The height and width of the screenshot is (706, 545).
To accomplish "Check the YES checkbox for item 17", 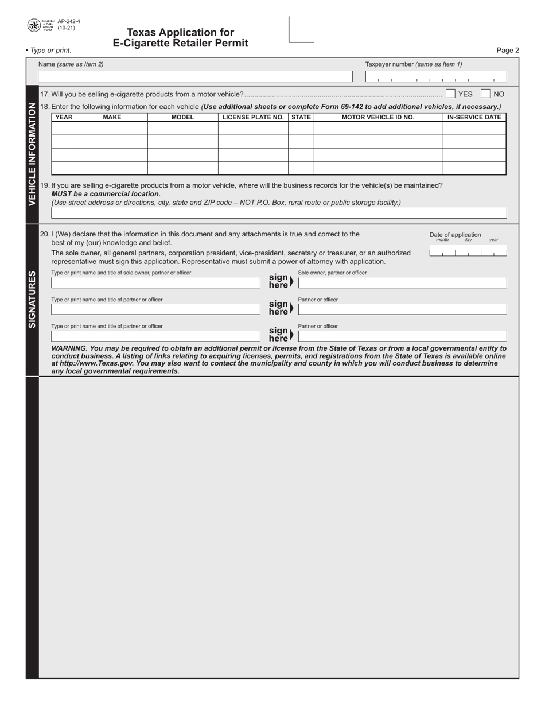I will pos(450,94).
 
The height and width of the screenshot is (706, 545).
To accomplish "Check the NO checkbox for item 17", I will pos(485,94).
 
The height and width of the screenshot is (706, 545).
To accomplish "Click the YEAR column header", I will pos(64,117).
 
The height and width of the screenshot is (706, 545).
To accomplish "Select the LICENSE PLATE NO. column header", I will pos(253,117).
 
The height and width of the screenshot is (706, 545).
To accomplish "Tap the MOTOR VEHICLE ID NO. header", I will pos(377,117).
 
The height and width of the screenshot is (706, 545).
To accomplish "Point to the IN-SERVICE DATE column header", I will pos(474,117).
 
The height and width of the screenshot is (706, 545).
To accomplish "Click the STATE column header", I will pos(301,117).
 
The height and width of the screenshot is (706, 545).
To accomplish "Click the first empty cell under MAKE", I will pos(112,129).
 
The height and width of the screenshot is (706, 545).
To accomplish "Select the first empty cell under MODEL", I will pos(182,129).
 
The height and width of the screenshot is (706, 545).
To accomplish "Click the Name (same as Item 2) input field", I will pos(195,76).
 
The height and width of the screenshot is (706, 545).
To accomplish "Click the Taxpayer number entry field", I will pos(436,77).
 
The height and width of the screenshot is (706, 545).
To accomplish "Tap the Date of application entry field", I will pos(468,252).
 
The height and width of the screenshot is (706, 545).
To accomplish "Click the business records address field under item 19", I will pos(279,213).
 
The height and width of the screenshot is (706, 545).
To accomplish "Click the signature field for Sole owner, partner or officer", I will pos(402,282).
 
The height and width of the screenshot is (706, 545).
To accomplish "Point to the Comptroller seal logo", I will pos(34,25).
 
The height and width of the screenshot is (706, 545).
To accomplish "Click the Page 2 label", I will pos(507,51).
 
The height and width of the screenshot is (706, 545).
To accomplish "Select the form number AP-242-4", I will pos(69,21).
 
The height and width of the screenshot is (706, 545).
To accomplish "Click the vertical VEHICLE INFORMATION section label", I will pos(32,154).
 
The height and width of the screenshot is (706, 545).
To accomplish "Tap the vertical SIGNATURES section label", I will pos(32,299).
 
